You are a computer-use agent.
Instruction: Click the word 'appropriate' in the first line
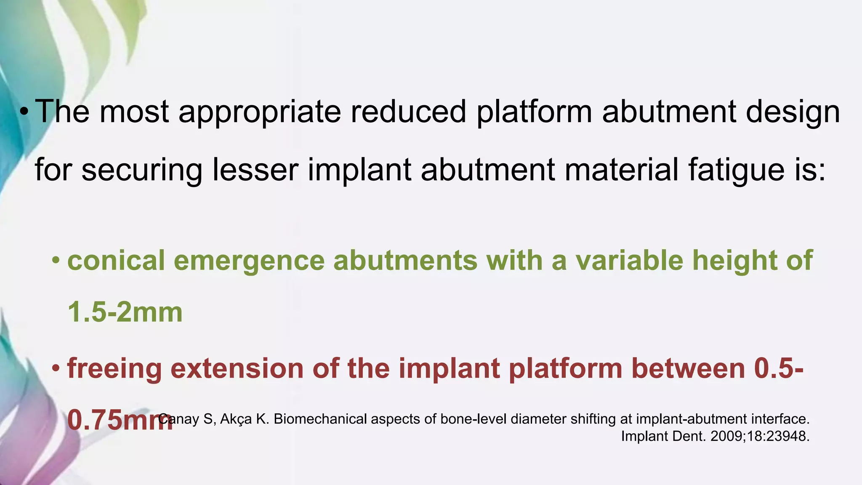tap(260, 112)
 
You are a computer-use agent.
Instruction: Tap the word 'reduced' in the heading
tap(408, 112)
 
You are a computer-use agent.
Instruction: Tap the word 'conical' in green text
tap(116, 260)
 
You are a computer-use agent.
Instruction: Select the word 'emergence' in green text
tap(249, 260)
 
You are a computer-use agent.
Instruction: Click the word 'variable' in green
tap(629, 260)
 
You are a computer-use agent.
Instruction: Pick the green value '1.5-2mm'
tap(125, 312)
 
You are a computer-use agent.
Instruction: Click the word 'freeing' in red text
tap(114, 368)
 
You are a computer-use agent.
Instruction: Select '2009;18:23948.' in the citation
tap(760, 436)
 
